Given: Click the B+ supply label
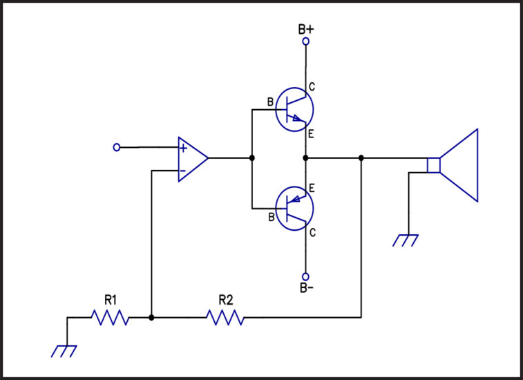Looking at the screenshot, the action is point(306,29).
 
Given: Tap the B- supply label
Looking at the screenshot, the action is point(307,287).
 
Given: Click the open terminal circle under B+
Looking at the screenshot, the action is point(305,41).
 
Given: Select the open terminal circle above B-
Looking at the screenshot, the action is point(305,276).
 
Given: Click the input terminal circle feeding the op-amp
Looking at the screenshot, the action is point(116,147).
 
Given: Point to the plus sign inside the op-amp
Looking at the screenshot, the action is point(183,148).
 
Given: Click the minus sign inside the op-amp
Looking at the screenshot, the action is point(182,171).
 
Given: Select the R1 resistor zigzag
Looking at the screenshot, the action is point(111,317).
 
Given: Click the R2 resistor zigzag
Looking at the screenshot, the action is point(225,317).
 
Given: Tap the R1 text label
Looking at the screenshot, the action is point(111,301).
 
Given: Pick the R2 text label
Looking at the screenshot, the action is point(226,301).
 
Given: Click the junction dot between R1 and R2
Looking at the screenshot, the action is point(151,318).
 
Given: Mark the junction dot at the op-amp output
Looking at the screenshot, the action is point(251,158).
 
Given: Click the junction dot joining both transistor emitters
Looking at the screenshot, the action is point(305,158).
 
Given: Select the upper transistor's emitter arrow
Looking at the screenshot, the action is point(298,118).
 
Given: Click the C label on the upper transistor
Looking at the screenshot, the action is point(312,87).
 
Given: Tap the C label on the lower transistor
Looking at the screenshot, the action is point(312,233).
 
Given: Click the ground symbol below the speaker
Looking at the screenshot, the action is point(406,240).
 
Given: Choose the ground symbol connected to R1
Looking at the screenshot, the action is point(64,351).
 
